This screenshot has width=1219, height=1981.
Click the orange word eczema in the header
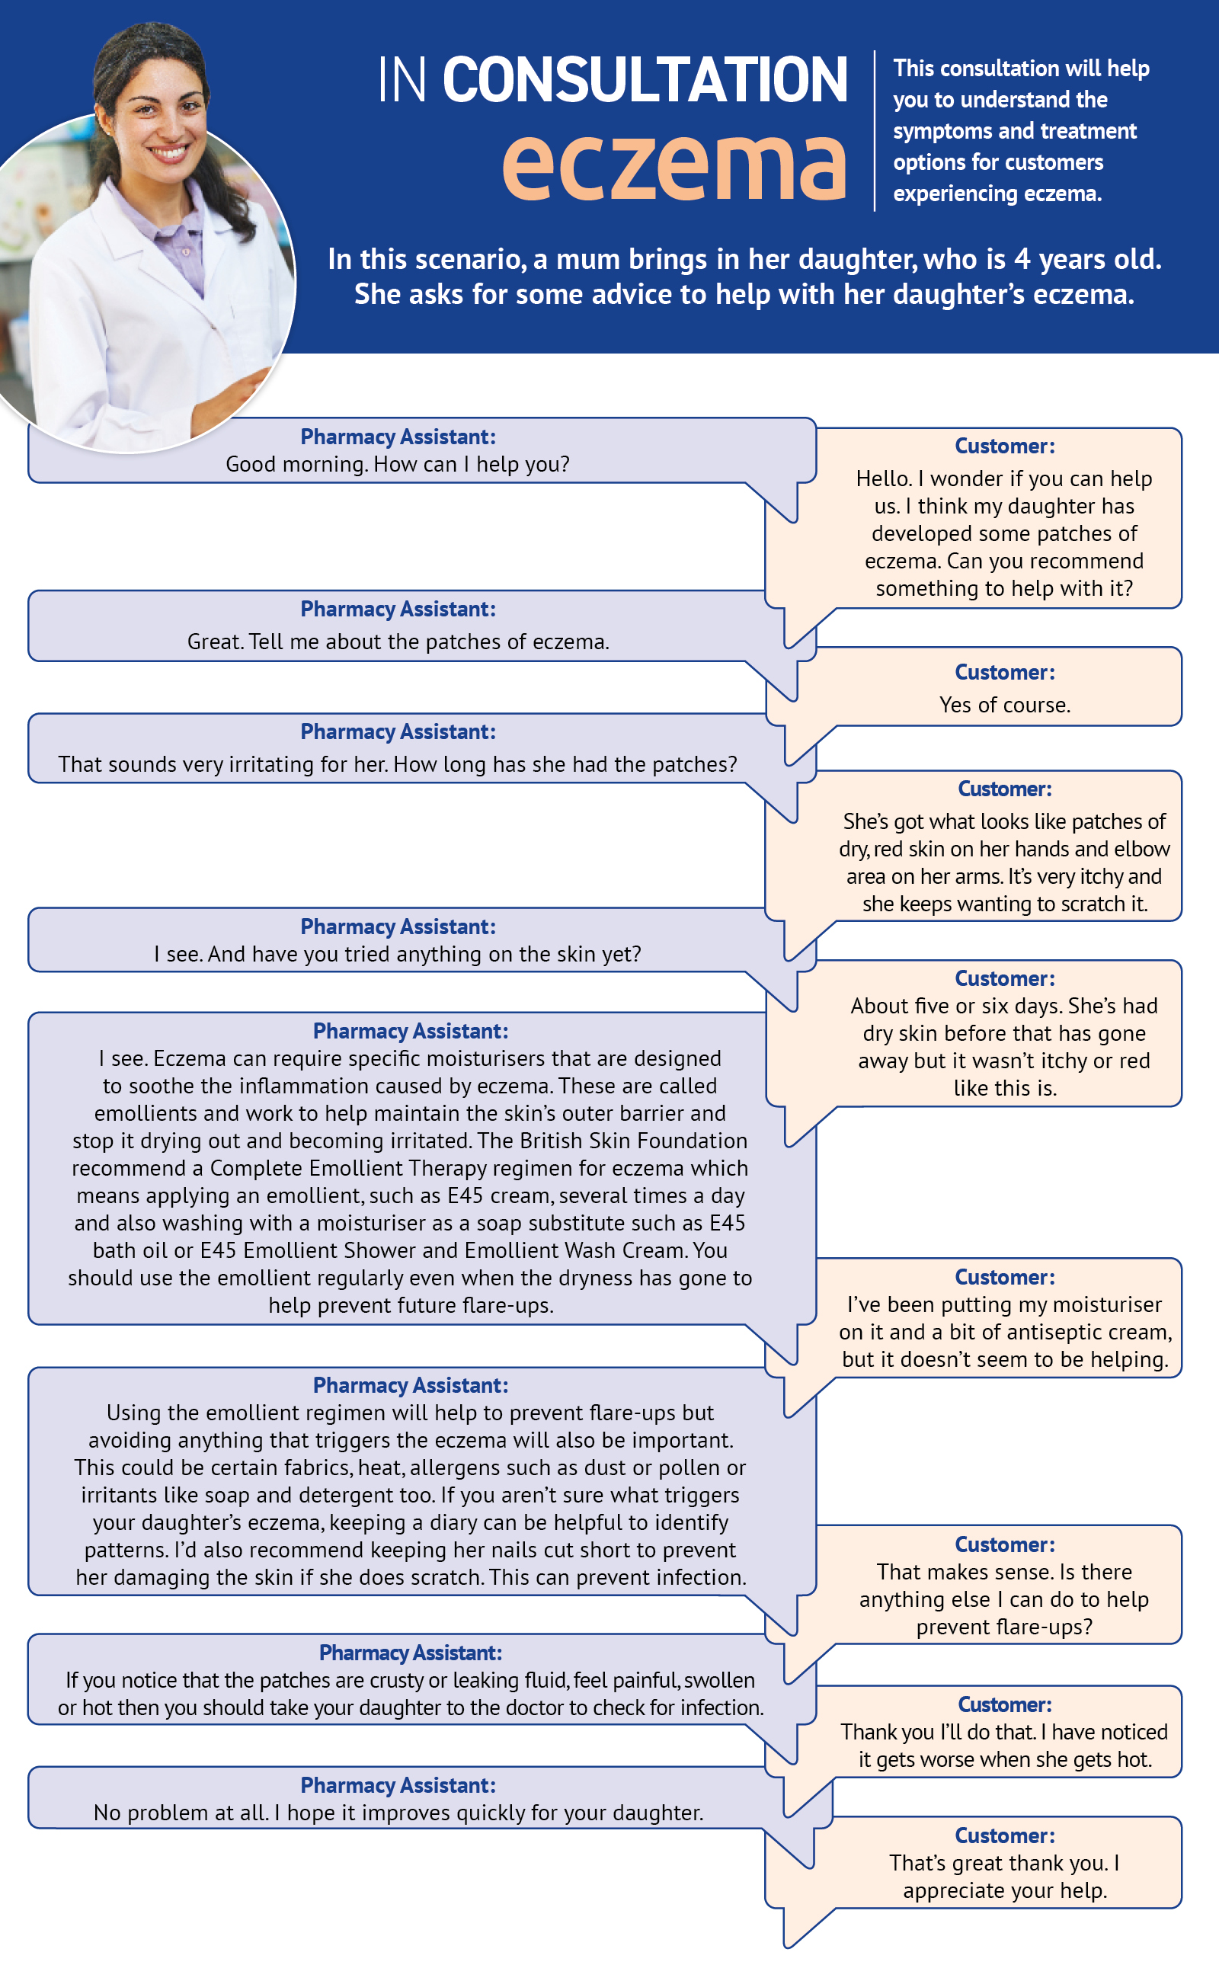674,165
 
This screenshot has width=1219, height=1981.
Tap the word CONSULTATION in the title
645,80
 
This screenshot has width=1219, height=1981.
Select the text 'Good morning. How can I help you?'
398,465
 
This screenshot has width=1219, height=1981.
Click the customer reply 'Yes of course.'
1005,705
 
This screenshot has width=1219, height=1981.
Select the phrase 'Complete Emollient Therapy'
354,1167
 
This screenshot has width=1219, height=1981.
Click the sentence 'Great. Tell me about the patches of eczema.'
398,642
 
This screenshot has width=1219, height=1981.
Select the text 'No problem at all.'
181,1813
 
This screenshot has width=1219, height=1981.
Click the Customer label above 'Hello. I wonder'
1005,446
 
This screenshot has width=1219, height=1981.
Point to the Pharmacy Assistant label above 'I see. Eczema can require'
411,1030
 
